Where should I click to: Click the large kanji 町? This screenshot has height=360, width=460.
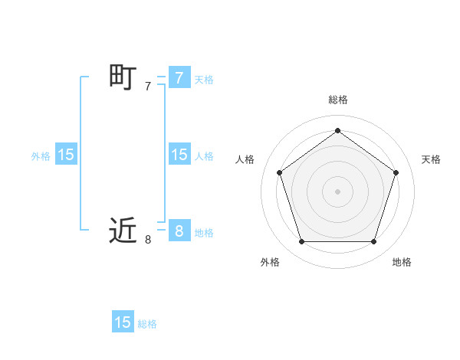[123, 77]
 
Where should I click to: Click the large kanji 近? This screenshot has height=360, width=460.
[123, 231]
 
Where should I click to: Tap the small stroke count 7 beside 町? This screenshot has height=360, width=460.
[148, 87]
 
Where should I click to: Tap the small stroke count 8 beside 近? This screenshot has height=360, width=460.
[148, 240]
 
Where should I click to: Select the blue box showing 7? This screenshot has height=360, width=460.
[179, 77]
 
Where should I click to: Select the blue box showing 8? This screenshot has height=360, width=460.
[179, 231]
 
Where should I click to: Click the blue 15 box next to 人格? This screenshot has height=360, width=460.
[179, 155]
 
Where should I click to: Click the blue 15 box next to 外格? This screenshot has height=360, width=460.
[66, 155]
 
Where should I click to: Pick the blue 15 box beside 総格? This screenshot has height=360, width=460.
[123, 322]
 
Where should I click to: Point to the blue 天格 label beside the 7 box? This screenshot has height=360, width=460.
[204, 80]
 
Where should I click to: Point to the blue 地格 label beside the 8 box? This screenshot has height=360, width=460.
[204, 233]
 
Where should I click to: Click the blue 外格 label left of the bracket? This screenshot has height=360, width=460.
[41, 156]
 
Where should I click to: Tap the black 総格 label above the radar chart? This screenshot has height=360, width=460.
[337, 100]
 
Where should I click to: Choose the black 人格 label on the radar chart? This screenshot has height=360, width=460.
[245, 159]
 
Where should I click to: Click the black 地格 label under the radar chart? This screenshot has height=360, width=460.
[402, 262]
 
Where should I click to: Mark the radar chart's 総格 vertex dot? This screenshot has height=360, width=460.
[337, 130]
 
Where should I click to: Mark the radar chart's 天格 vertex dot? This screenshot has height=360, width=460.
[396, 172]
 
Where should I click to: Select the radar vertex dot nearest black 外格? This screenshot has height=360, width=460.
[301, 242]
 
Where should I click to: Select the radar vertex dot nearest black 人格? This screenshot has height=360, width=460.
[279, 172]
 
